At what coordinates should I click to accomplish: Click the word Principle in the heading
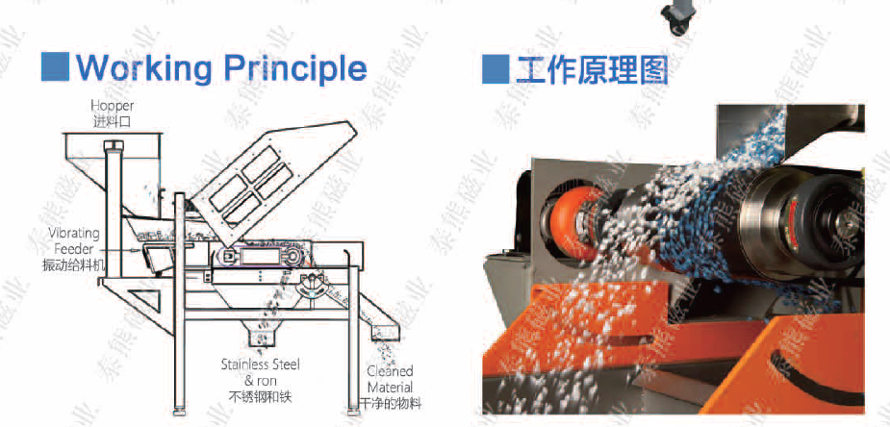tap(295, 68)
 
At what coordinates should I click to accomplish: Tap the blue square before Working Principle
tap(56, 66)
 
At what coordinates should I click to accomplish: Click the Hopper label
tap(113, 106)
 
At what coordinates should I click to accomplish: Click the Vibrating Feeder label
tap(74, 241)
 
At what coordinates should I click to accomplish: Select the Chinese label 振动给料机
tap(74, 265)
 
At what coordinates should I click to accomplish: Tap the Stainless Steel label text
tap(260, 364)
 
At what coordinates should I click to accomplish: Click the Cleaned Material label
tap(390, 379)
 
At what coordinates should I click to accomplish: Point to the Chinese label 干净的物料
tap(391, 404)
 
